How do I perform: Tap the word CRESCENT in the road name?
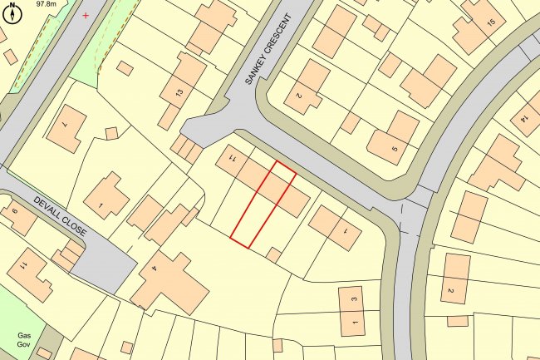(x=277, y=38)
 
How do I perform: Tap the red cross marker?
(x=85, y=15)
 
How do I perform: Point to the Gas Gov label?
(x=24, y=340)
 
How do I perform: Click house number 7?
(x=64, y=124)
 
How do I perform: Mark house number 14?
(x=524, y=116)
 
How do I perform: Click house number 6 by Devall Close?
(x=14, y=210)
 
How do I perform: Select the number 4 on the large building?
(x=155, y=269)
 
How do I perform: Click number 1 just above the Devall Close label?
(x=101, y=205)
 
